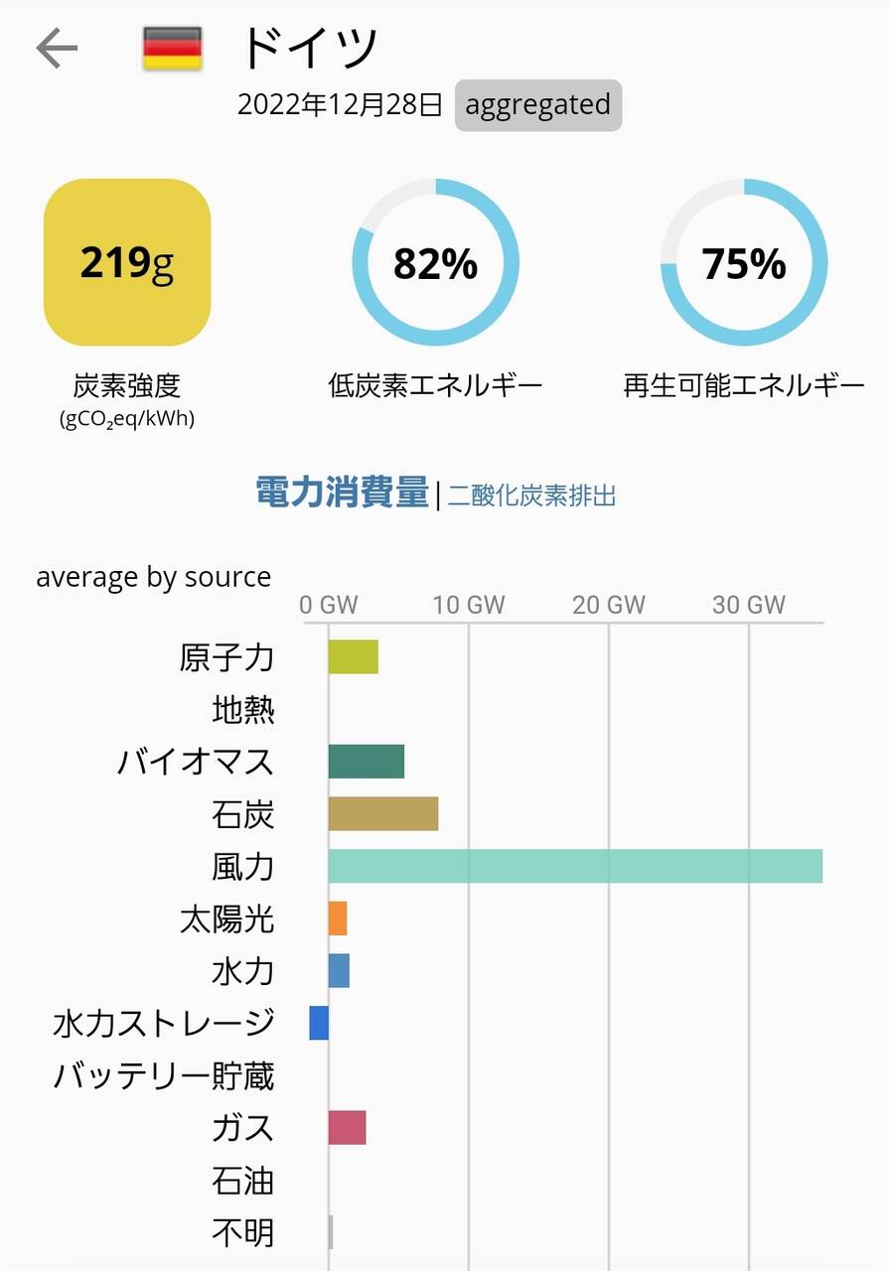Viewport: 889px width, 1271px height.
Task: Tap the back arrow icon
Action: coord(57,48)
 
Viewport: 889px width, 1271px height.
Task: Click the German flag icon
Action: coord(172,49)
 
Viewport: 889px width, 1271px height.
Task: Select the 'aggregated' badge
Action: coord(537,104)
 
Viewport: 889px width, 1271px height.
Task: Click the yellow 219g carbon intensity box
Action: coord(127,262)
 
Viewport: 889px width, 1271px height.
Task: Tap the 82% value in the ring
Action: coord(435,263)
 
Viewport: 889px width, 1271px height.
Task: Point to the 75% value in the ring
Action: coord(744,263)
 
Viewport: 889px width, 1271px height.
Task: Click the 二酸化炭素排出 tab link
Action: coord(531,494)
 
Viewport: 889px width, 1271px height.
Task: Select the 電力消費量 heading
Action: coord(342,493)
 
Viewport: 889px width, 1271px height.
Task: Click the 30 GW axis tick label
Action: coord(748,604)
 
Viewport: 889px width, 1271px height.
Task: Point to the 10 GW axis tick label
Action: coord(469,604)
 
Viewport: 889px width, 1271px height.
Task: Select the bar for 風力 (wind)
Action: coord(575,866)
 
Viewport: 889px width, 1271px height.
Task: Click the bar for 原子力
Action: coord(353,657)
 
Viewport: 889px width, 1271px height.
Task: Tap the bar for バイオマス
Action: coord(366,762)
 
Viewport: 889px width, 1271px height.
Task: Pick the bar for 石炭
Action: coord(382,813)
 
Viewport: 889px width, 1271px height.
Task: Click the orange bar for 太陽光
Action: coord(338,918)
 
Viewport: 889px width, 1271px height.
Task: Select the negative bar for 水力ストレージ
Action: coord(319,1023)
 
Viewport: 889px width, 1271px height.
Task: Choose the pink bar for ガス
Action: coord(347,1128)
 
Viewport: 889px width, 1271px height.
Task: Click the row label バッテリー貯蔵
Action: coord(164,1075)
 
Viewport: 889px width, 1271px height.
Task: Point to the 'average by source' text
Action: coord(153,577)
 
